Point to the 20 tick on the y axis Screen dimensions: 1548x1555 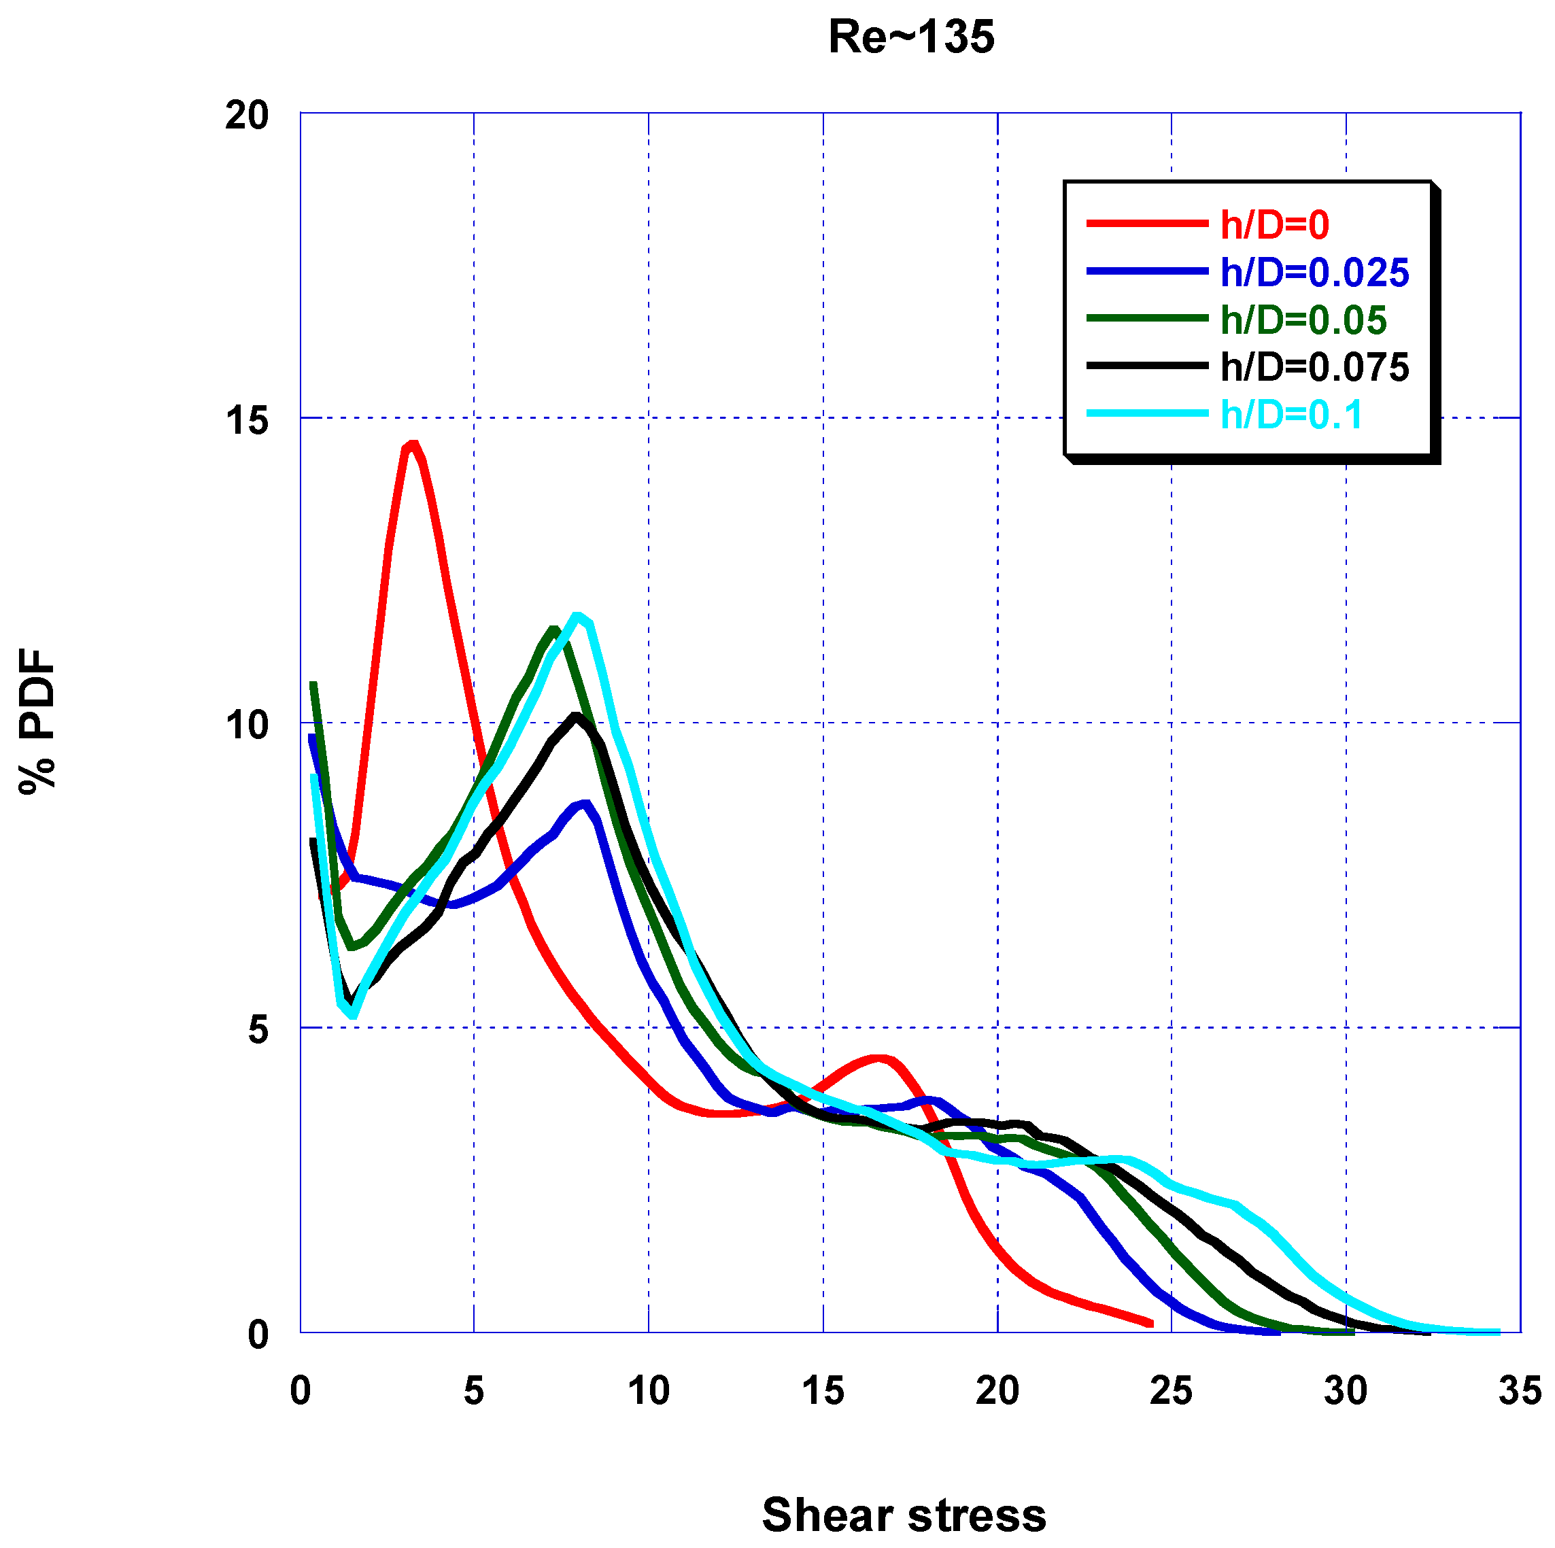246,115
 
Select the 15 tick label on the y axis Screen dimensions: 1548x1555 246,420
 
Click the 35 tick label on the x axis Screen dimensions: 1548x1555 1519,1391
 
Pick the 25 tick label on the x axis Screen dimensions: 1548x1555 1170,1391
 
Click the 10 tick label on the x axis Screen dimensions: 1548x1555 648,1391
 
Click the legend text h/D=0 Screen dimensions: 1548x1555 1275,225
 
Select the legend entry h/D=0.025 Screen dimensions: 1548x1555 1314,273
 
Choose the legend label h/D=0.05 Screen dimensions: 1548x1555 1303,320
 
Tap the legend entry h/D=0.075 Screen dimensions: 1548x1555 1314,368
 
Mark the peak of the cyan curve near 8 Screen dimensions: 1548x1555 577,617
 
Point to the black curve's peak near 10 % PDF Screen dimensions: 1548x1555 575,715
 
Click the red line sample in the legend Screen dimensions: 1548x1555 1147,224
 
